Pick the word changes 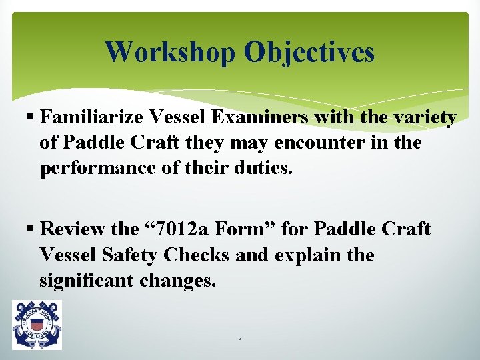tap(178, 281)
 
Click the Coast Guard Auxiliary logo tap(37, 325)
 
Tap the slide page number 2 tap(240, 339)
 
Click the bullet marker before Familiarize tap(32, 119)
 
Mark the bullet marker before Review tap(32, 230)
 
